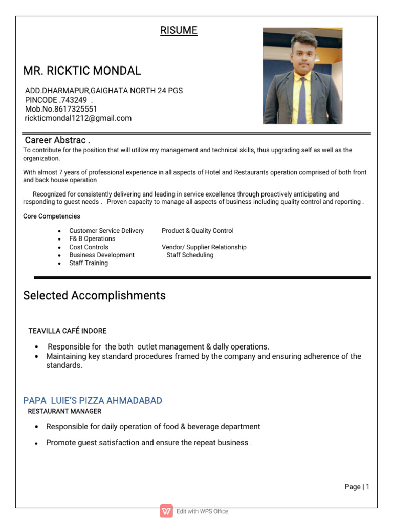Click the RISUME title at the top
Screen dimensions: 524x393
[179, 31]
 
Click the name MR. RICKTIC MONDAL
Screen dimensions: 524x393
[82, 71]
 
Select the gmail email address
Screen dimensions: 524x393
[78, 118]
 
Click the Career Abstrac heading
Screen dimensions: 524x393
[58, 140]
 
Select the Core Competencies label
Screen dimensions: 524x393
[52, 216]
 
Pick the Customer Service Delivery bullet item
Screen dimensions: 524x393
[106, 231]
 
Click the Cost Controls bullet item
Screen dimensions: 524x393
[89, 247]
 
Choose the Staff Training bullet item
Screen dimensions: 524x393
[89, 264]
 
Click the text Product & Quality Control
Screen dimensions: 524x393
[198, 231]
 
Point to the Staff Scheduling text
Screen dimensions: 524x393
[190, 255]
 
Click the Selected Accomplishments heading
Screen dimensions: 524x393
[95, 296]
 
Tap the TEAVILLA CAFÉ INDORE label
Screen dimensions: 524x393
[68, 331]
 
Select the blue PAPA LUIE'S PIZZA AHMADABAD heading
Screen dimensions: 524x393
[93, 401]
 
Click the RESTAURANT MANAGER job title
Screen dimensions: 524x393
[64, 411]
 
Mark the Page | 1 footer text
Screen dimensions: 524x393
[357, 487]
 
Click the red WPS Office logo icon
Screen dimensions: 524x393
[166, 511]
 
